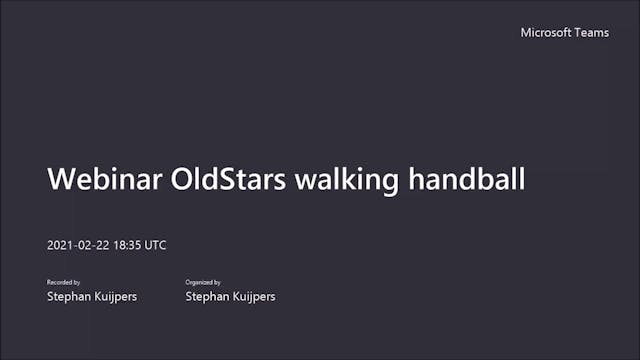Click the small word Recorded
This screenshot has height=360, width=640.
coord(58,283)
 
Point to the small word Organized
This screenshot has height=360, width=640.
coord(198,283)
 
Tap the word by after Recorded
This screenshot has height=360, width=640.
coord(76,283)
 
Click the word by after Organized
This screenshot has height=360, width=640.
coord(217,283)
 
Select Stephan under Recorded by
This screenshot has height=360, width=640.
coord(68,297)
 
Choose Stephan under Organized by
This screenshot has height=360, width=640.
coord(206,297)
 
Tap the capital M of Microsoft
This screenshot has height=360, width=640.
coord(526,33)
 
